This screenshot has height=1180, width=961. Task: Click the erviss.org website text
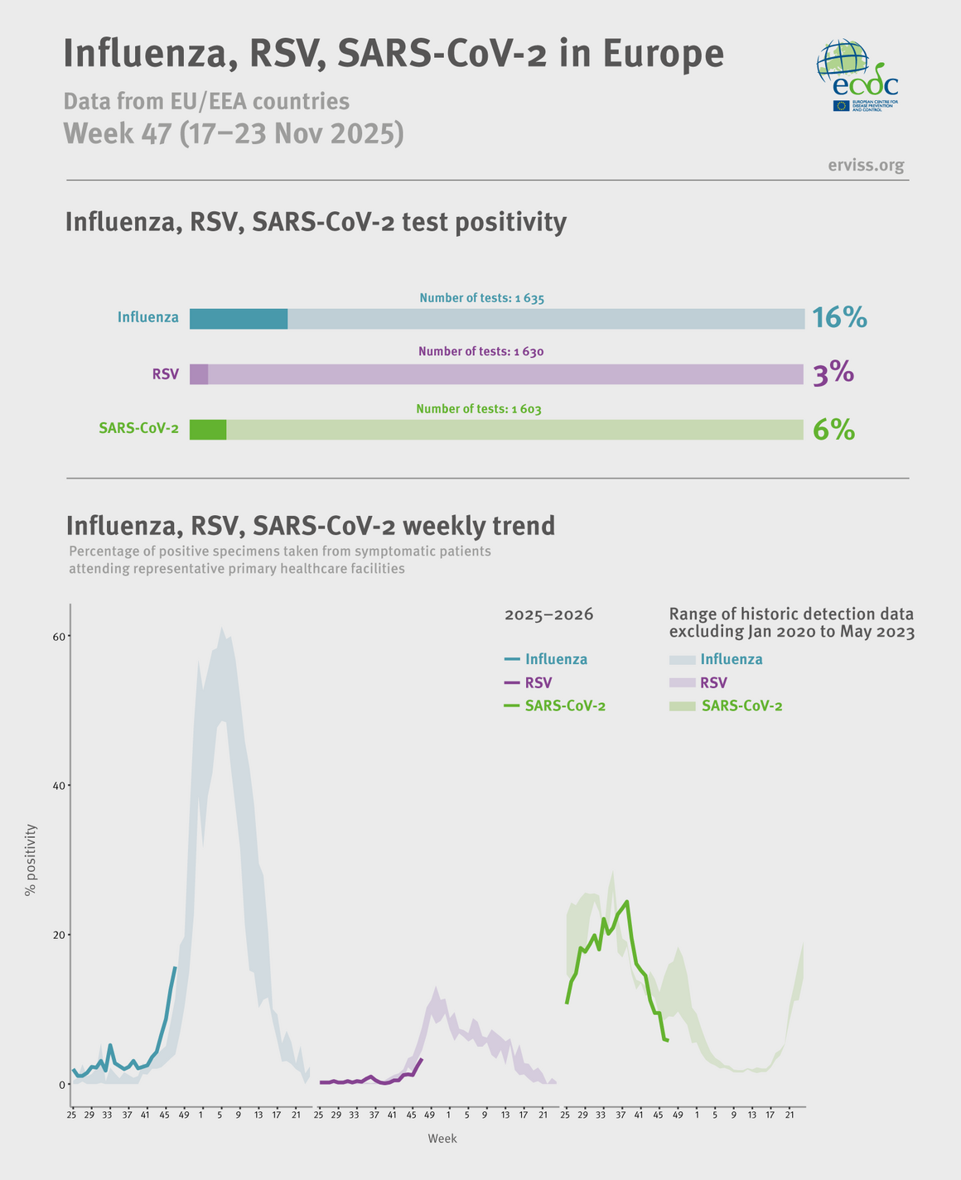tap(866, 166)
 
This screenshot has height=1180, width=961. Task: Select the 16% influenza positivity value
tap(838, 318)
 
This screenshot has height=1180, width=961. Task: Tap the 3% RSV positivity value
tap(833, 374)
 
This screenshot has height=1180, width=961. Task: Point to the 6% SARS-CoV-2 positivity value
tap(833, 430)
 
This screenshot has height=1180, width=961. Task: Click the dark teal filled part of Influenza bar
tap(239, 319)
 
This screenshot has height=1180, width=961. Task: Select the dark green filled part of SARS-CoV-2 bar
tap(208, 430)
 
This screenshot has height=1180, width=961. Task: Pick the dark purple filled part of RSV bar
tap(199, 374)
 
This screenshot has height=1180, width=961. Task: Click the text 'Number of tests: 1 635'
tap(481, 298)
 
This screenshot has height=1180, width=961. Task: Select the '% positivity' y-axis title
tap(31, 860)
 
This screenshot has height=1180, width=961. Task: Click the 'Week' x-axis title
tap(442, 1139)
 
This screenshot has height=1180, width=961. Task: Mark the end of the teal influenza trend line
tap(175, 967)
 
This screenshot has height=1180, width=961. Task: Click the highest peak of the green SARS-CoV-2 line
tap(627, 901)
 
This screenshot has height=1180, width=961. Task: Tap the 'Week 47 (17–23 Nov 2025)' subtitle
tap(234, 133)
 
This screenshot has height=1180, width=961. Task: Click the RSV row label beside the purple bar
tap(166, 374)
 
